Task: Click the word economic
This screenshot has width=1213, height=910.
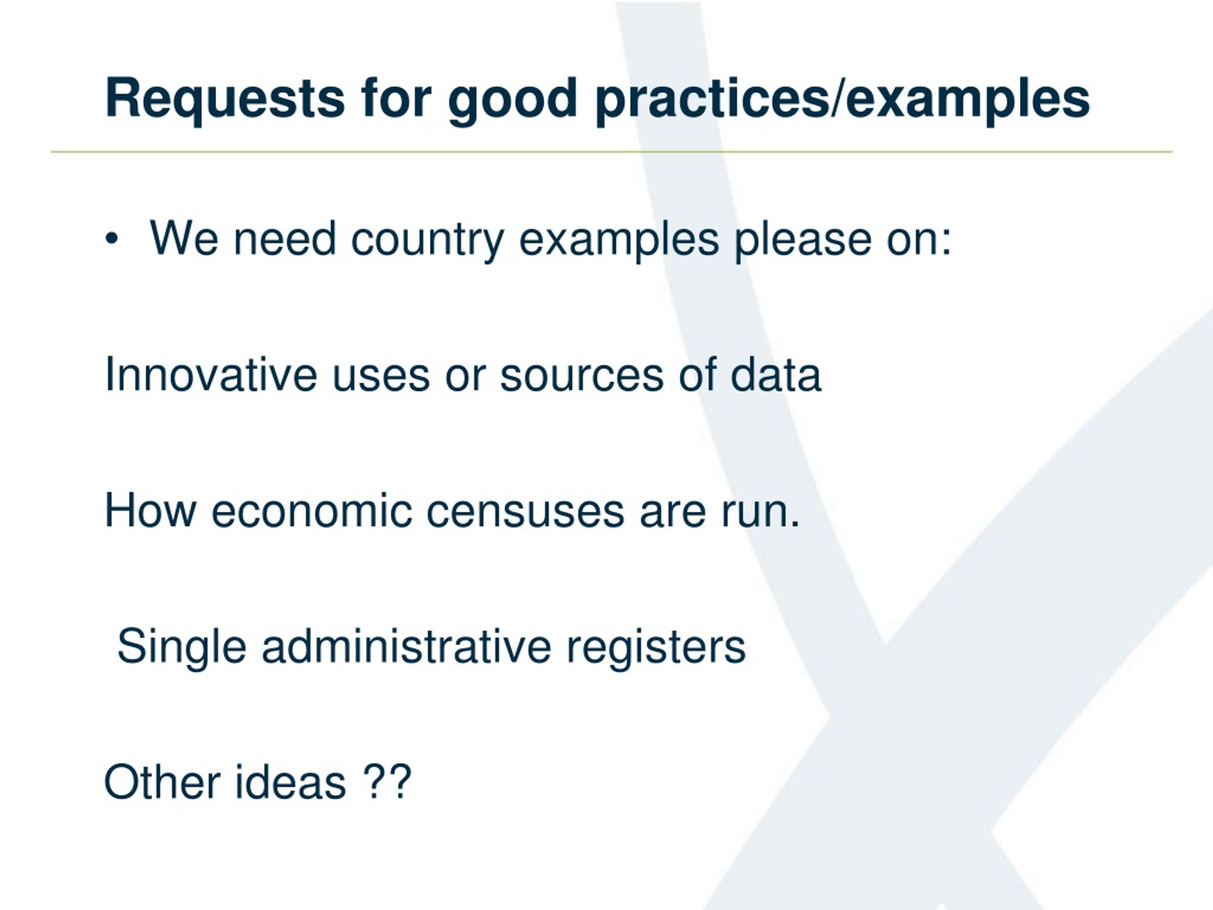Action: [x=311, y=510]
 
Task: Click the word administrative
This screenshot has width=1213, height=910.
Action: [x=407, y=646]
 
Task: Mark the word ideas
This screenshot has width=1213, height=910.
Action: [x=290, y=782]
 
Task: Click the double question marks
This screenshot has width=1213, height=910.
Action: [x=387, y=781]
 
